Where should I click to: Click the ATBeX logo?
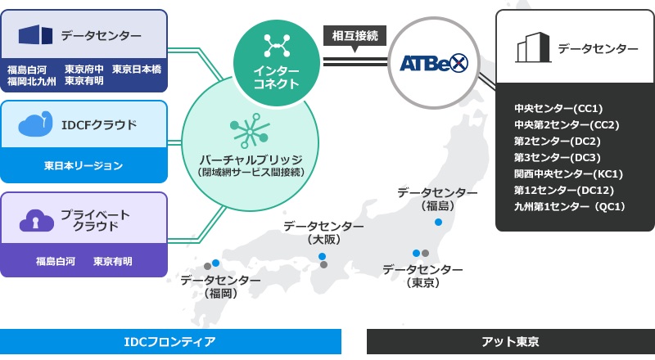click(434, 64)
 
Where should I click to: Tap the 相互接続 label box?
click(355, 36)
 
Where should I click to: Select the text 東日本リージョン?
click(84, 166)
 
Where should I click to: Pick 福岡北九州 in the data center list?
click(31, 80)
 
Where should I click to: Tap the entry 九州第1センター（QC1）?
click(569, 206)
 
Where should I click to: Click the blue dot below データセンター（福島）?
click(438, 222)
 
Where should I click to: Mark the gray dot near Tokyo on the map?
click(425, 253)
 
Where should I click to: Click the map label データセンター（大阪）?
click(323, 232)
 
